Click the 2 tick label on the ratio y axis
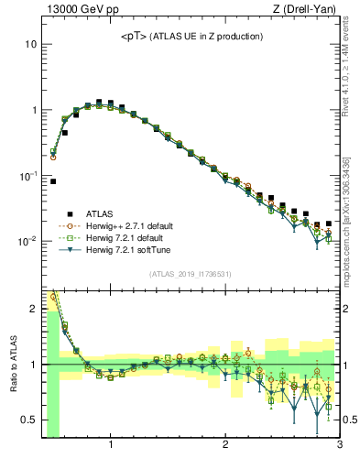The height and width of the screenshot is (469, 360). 33,309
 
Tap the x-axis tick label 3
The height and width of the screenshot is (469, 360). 339,446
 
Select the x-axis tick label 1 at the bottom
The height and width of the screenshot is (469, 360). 111,446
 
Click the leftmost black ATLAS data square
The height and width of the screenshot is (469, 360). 53,181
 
